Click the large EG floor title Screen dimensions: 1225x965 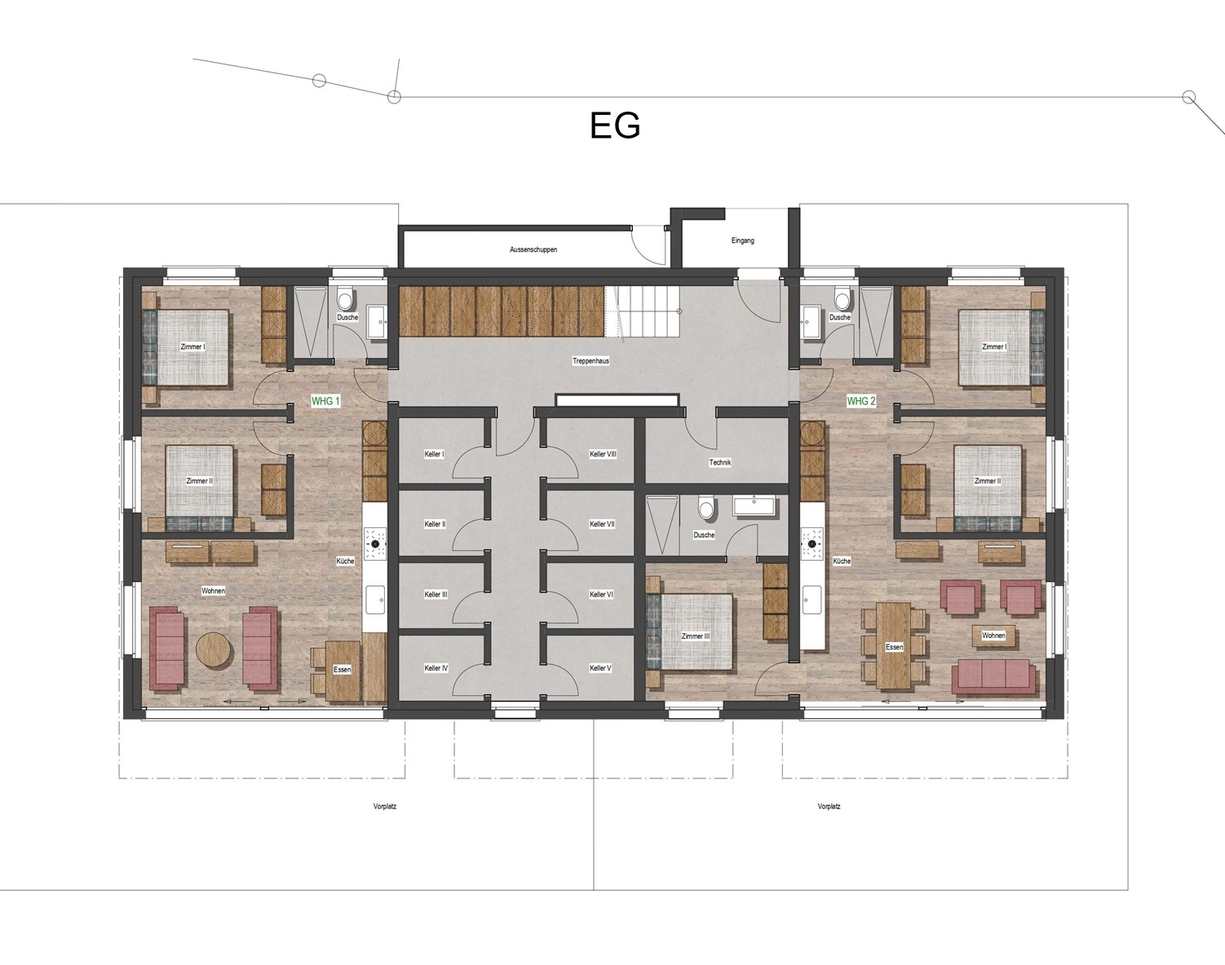coord(615,126)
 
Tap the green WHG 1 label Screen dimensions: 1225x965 coord(325,401)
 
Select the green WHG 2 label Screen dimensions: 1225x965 coord(861,401)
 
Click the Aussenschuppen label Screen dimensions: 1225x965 coord(533,249)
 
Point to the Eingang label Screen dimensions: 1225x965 coord(743,240)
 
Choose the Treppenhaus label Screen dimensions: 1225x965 coord(590,361)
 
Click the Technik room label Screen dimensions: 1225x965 coord(720,463)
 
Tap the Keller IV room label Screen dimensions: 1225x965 coord(436,668)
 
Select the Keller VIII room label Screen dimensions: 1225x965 coord(603,454)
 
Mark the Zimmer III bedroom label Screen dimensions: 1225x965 coord(695,636)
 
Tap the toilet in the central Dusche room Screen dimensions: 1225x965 coord(706,506)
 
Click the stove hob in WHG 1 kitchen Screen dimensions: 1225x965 coord(375,544)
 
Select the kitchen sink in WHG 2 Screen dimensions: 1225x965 coord(812,601)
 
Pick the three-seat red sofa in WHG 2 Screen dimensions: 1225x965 coord(993,677)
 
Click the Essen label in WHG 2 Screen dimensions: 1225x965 coord(894,647)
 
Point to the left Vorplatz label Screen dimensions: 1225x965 coord(385,806)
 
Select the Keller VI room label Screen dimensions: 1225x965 coord(601,595)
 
